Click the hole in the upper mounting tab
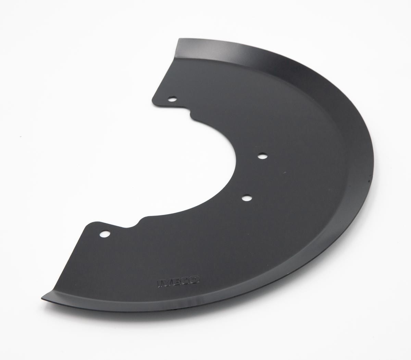173,99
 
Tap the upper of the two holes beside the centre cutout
262,156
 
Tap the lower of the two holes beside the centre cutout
247,198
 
